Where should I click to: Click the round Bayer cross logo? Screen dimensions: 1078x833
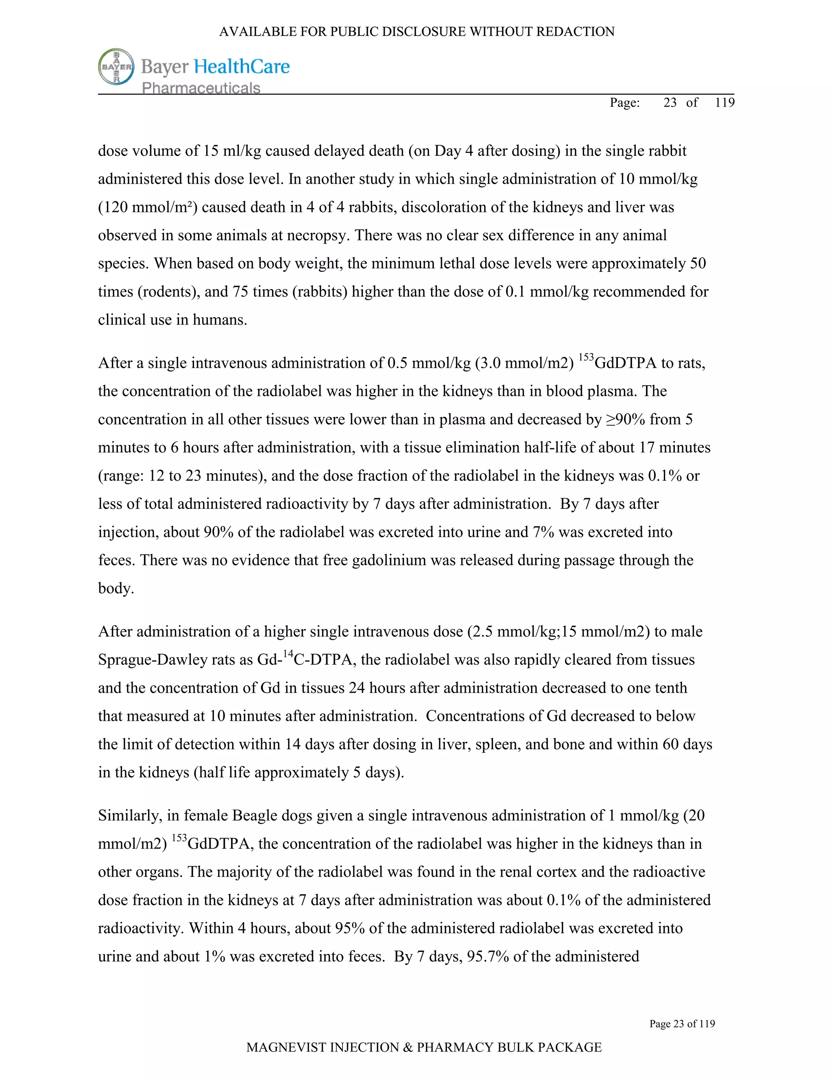click(116, 67)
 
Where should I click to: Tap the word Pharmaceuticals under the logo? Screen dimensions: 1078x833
click(201, 88)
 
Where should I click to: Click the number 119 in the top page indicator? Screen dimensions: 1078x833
click(724, 102)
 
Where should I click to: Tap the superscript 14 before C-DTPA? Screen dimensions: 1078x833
click(288, 655)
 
